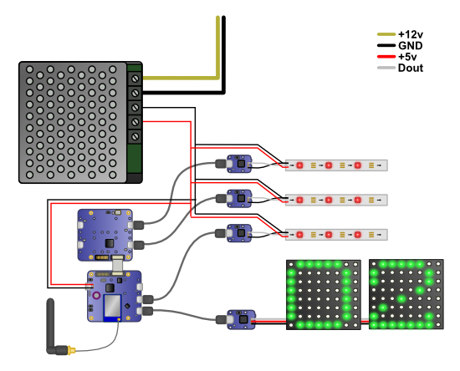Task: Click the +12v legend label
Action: point(411,34)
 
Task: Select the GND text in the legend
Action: point(410,46)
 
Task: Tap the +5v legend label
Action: point(407,57)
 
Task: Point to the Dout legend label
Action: point(411,68)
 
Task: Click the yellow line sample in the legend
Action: point(386,34)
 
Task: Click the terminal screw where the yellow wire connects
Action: point(135,79)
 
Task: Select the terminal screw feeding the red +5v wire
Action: point(135,122)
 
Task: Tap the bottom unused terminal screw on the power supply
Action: point(135,136)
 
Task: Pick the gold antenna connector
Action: point(71,350)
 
